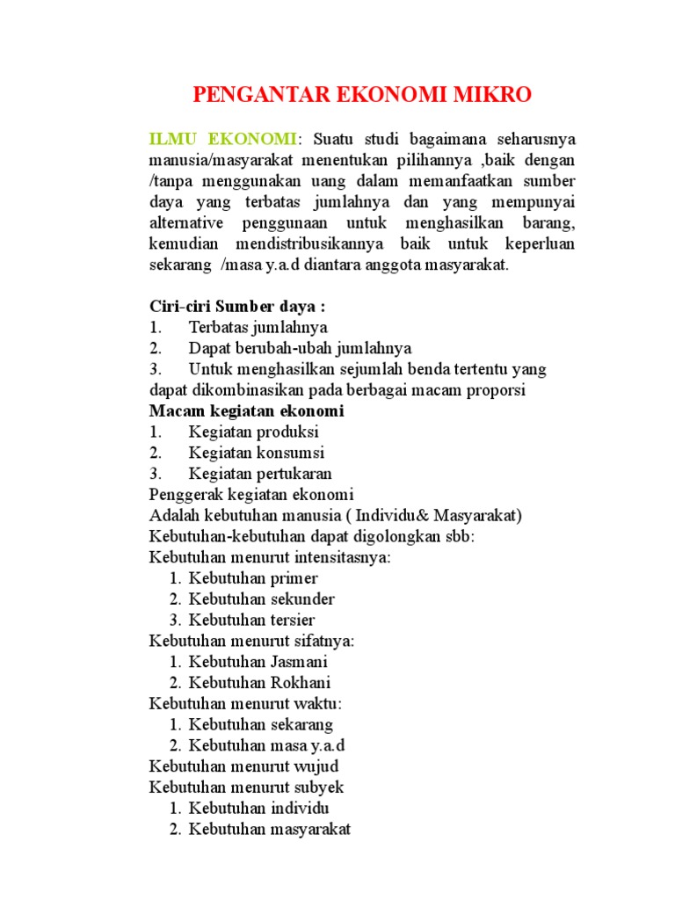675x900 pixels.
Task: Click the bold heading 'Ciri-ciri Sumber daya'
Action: [236, 306]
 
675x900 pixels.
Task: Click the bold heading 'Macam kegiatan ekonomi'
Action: [246, 411]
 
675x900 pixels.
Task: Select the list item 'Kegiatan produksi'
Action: [253, 432]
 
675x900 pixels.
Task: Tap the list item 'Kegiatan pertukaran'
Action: [260, 475]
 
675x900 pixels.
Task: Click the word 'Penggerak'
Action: [185, 495]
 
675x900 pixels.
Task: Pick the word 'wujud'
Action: [317, 766]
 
